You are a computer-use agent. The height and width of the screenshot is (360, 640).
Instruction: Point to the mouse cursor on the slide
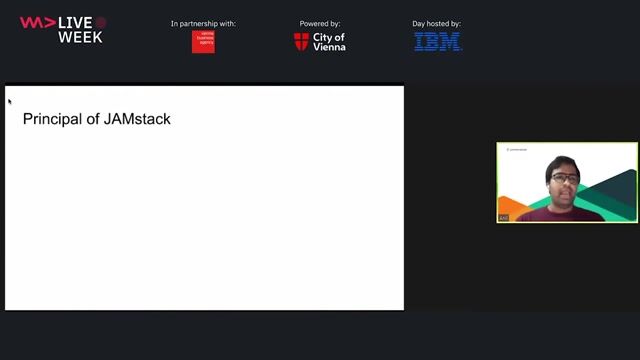point(9,100)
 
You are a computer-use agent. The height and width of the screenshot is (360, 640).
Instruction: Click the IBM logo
point(438,41)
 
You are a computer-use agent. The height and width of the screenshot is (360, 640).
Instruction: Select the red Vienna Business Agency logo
point(203,41)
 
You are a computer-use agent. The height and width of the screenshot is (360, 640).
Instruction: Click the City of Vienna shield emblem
point(301,41)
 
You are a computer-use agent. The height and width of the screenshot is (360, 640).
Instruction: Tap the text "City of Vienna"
point(329,41)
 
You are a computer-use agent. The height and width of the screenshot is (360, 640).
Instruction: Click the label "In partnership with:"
point(203,23)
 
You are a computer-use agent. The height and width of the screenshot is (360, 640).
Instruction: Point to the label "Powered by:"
point(320,23)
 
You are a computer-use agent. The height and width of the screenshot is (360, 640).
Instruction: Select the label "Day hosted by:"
point(438,23)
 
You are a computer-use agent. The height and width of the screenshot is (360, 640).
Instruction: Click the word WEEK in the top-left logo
point(80,37)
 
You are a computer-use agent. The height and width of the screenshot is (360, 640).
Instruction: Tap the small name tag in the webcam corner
point(504,217)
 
